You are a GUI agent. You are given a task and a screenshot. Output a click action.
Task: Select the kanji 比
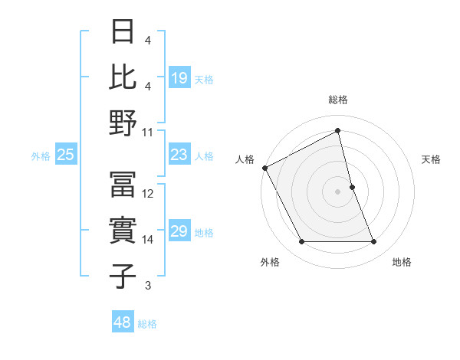click(x=123, y=77)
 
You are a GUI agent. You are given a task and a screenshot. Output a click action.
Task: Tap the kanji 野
click(x=123, y=123)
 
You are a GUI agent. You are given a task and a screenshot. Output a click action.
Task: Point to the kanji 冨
click(x=123, y=185)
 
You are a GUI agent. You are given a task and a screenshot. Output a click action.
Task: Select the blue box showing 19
click(x=179, y=78)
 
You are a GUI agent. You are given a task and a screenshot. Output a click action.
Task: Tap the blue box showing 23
click(x=179, y=155)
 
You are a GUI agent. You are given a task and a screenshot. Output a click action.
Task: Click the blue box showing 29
click(x=179, y=231)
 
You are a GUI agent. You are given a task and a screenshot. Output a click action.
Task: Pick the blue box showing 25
click(x=66, y=155)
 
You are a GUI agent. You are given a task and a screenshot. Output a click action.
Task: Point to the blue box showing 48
click(x=123, y=322)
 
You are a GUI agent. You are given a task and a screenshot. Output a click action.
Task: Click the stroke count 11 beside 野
click(x=148, y=132)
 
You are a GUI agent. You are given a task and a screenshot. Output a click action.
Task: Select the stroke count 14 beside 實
click(x=148, y=240)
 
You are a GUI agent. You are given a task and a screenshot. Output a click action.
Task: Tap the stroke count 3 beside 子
click(x=147, y=286)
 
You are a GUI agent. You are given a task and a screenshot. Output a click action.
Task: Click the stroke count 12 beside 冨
click(x=148, y=194)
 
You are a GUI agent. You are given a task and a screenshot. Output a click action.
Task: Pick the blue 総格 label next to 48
click(x=147, y=324)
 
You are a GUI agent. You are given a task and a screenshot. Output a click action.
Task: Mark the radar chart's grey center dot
click(x=337, y=191)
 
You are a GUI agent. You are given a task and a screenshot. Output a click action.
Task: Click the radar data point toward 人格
click(x=264, y=168)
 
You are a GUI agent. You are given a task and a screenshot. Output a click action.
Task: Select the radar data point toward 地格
click(x=374, y=242)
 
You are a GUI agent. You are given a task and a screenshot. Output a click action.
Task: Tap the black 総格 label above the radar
click(x=338, y=100)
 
